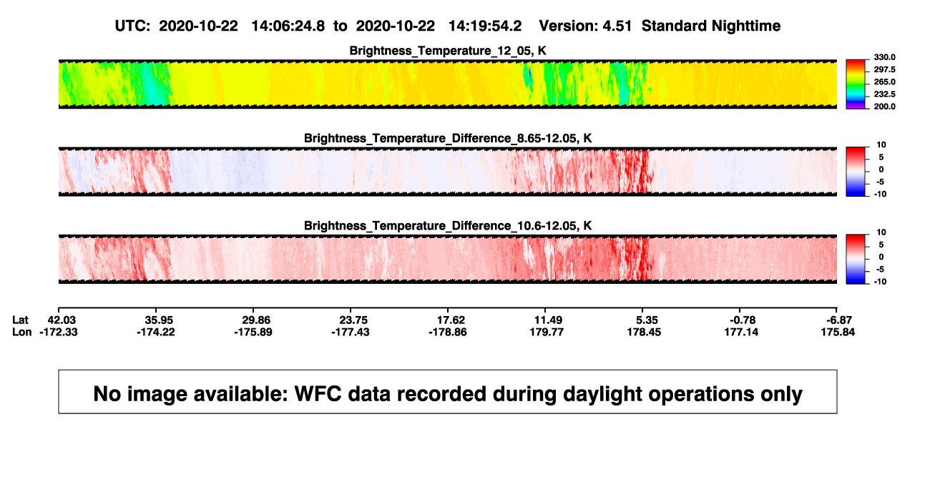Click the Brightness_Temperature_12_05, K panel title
(448, 51)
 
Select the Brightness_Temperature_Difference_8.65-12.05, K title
(448, 138)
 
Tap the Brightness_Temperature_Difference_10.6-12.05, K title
(448, 226)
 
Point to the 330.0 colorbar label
(884, 57)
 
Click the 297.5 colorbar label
(884, 69)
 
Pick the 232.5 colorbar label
(884, 94)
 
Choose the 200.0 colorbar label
(884, 107)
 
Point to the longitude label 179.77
(547, 332)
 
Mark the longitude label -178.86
(448, 332)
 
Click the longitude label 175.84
(838, 332)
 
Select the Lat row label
(20, 320)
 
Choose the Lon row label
(22, 332)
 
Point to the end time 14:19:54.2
(485, 26)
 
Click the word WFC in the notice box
(318, 394)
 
